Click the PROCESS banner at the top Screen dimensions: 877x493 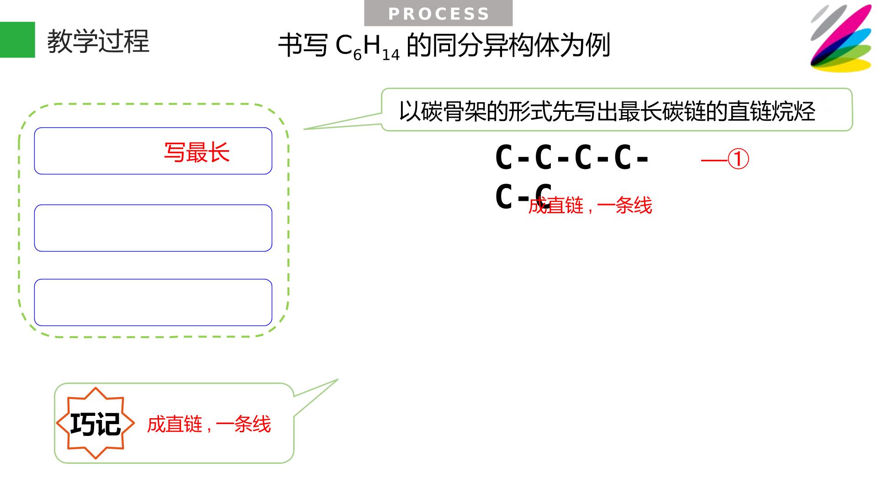438,13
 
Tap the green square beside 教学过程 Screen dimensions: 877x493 17,40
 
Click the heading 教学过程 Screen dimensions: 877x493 98,41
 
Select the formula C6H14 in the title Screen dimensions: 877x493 368,47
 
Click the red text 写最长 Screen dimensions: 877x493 197,152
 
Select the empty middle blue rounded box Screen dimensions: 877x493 153,228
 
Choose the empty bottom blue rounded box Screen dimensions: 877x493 153,302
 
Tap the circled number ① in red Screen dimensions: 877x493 738,159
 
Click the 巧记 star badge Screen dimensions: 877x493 95,423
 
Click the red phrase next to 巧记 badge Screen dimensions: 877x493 209,425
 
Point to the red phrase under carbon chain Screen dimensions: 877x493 590,205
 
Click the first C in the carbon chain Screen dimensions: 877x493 504,158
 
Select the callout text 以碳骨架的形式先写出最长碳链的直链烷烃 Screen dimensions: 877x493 607,111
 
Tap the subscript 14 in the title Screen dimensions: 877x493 391,55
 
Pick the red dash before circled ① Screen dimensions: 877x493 713,160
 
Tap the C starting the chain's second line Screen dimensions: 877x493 504,197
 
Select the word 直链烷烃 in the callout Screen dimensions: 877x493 771,111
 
